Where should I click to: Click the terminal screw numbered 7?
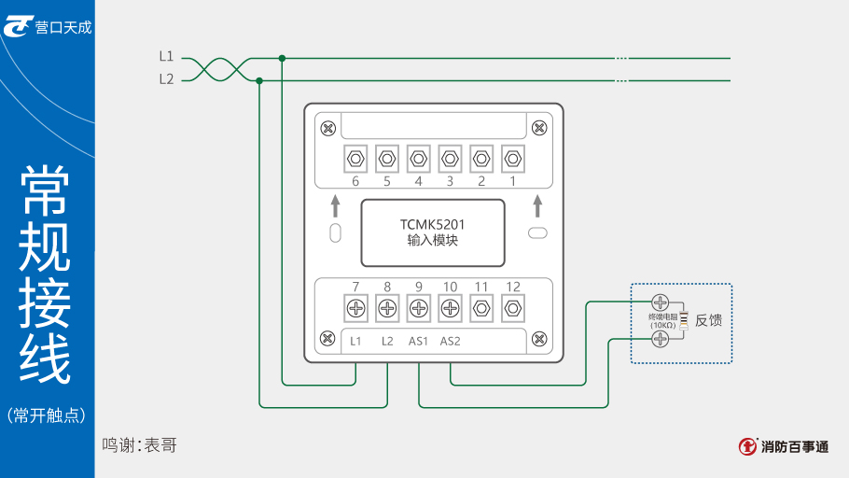click(355, 307)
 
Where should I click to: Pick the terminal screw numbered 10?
click(450, 307)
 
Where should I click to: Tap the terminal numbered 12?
click(513, 307)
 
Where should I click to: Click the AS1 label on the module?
click(418, 342)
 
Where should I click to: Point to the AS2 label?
click(450, 342)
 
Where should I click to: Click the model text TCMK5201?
click(432, 225)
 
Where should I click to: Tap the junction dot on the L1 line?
click(282, 58)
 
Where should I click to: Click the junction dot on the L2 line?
click(259, 80)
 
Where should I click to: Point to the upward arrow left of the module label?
click(336, 205)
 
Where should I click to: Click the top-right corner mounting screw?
click(538, 128)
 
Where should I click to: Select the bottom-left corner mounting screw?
click(327, 338)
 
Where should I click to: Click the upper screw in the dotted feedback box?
click(660, 302)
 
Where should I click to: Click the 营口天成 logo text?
click(63, 27)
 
